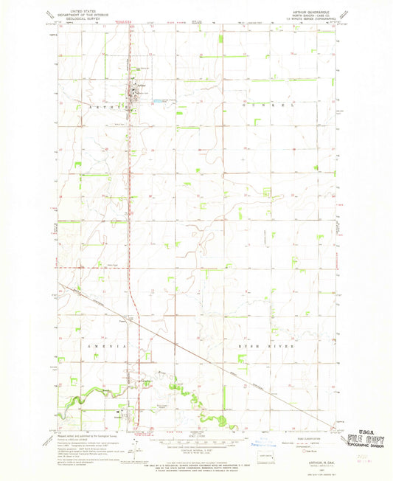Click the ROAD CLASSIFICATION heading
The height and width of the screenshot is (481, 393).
293,435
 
